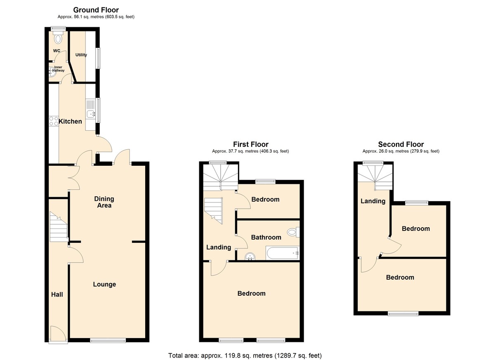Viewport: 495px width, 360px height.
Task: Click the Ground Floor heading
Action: tap(96, 10)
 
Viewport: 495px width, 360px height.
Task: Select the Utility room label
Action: tap(81, 55)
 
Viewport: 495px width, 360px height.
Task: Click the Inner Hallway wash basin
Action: tap(52, 72)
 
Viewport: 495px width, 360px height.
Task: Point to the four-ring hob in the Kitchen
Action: tap(54, 121)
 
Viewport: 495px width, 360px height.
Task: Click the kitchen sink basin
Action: tap(91, 114)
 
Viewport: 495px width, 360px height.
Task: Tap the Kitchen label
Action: tap(70, 121)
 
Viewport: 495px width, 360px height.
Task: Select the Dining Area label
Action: tap(104, 202)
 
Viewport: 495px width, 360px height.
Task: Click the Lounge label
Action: tap(104, 284)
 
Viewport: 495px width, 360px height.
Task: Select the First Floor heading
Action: tap(251, 144)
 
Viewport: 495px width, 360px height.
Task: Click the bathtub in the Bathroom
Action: tap(283, 253)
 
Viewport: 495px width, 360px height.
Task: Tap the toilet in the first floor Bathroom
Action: tap(293, 232)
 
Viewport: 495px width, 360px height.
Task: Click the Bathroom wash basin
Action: tap(250, 256)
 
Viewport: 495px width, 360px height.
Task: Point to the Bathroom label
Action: tap(266, 237)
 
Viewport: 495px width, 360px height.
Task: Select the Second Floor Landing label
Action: tap(373, 201)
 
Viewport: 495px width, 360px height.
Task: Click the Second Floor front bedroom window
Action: tap(403, 313)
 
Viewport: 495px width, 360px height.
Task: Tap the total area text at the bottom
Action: tap(245, 355)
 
